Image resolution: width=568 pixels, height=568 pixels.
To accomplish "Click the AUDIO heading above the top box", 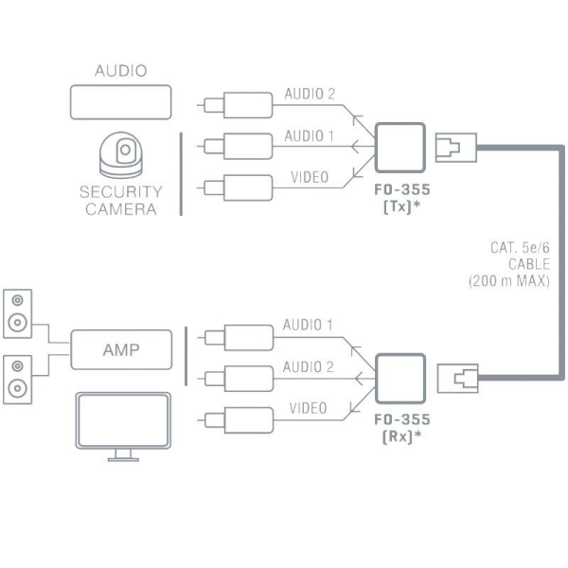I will tap(120, 71).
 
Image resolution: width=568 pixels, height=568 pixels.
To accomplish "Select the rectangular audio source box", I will tap(120, 101).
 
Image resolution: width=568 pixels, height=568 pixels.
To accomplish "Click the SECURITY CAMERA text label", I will tap(120, 200).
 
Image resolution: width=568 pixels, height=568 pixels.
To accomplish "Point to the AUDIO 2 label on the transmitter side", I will tap(310, 95).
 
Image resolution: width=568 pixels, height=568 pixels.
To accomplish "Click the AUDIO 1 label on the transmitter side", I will tap(310, 136).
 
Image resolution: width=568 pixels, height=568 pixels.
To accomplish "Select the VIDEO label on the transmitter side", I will tap(310, 177).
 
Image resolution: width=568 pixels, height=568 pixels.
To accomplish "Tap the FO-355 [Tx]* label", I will tap(401, 195).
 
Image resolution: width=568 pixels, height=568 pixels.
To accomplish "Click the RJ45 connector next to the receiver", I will tap(459, 379).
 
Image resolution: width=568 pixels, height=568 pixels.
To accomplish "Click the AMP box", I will tap(121, 349).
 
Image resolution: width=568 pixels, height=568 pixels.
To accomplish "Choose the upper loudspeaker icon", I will tap(17, 311).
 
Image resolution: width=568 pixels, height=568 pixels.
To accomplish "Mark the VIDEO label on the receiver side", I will tap(308, 408).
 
